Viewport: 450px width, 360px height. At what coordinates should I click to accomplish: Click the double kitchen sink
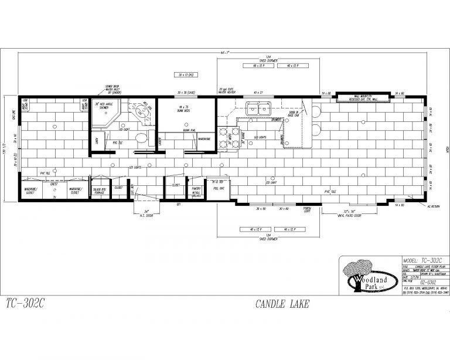tap(257, 108)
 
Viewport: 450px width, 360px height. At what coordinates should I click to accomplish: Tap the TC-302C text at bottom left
tap(25, 304)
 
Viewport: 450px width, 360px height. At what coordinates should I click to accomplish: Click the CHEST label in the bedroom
tap(53, 184)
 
